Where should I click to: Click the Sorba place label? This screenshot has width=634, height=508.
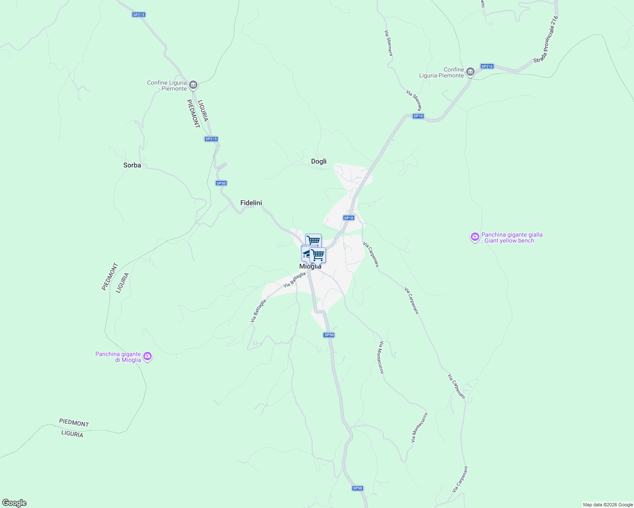(132, 165)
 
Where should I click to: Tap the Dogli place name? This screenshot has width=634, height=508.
(319, 161)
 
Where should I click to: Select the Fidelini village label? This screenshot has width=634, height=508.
(251, 203)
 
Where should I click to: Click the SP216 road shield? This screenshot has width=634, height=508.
(487, 66)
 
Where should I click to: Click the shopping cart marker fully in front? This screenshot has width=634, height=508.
(317, 255)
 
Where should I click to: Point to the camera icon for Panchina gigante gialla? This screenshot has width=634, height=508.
(475, 237)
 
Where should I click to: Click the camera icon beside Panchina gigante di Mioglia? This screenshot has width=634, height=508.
(147, 356)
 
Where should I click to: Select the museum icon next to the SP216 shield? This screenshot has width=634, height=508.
(470, 72)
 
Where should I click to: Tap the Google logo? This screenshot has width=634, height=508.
(14, 503)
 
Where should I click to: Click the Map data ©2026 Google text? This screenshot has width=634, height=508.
(607, 505)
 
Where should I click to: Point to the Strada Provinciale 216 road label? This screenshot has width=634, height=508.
(547, 40)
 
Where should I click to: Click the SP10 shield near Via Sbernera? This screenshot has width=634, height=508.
(418, 116)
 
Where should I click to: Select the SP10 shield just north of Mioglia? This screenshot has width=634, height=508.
(348, 218)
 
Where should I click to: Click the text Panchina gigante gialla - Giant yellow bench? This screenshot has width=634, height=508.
(512, 237)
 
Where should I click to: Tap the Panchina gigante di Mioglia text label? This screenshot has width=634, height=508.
(118, 357)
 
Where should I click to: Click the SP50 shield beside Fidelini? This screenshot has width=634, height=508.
(221, 183)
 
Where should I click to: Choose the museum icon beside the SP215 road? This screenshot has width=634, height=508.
(193, 85)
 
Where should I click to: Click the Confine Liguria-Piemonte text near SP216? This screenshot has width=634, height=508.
(441, 72)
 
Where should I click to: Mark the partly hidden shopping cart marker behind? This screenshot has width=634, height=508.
(313, 240)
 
